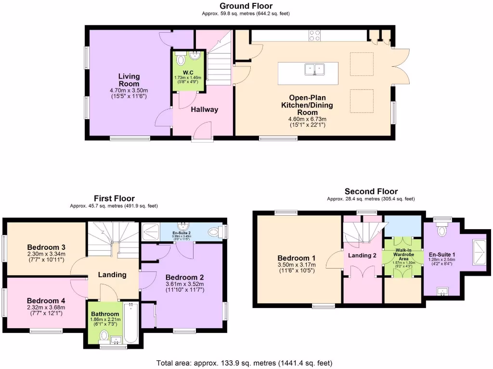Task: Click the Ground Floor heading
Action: (x=246, y=6)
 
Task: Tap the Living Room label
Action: (x=129, y=80)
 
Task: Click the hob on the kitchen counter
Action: (x=314, y=36)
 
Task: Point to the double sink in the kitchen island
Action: (x=315, y=70)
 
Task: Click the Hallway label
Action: (x=205, y=110)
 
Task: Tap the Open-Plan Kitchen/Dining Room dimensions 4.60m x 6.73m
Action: (x=308, y=119)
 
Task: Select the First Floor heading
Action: (x=114, y=198)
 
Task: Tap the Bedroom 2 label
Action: (x=184, y=277)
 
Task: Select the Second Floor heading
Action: (x=371, y=191)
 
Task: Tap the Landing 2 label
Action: (x=362, y=256)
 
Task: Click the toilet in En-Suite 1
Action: (x=441, y=231)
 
